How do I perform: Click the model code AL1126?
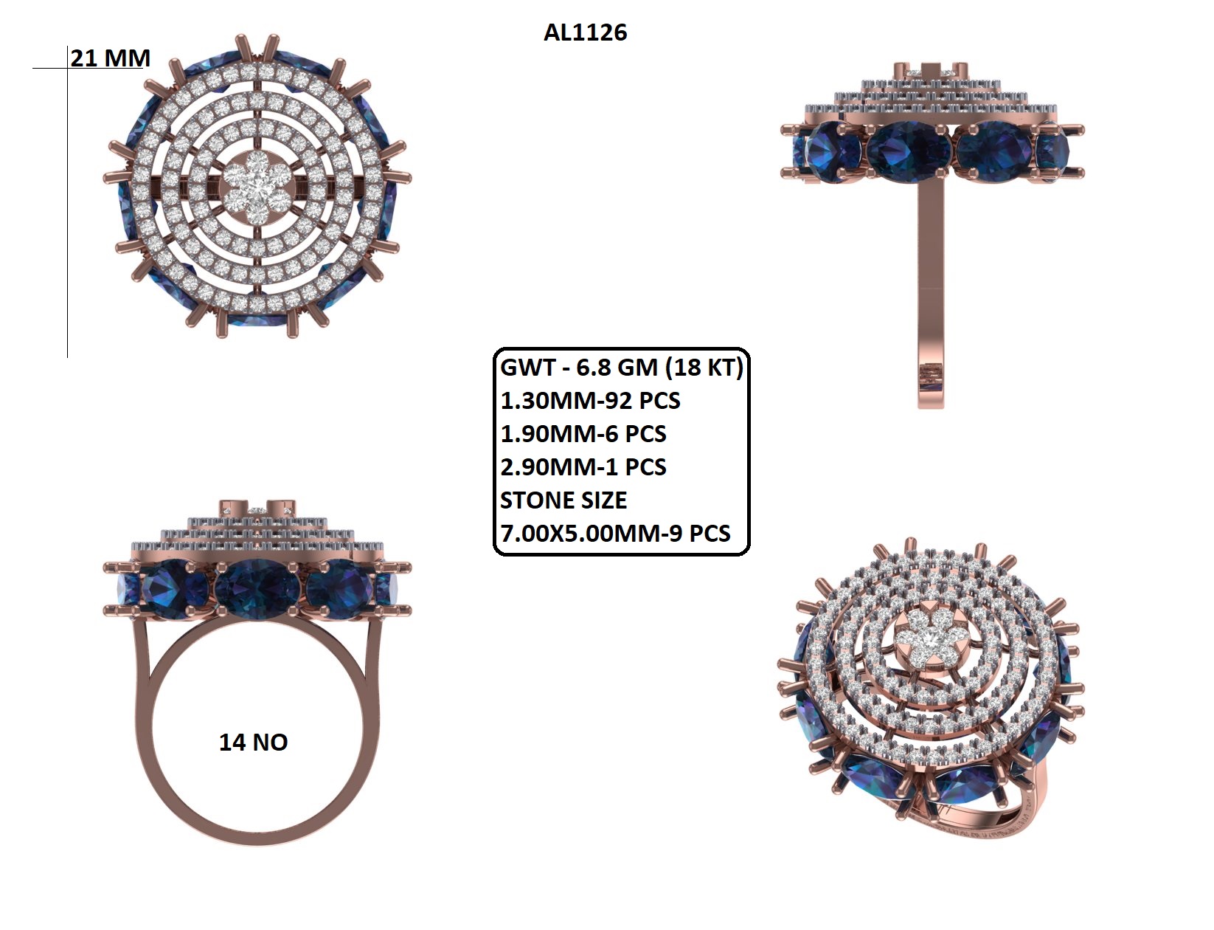pos(585,32)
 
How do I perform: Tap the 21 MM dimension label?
pos(110,58)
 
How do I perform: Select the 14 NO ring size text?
pos(253,743)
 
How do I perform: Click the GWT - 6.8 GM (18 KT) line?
pos(621,368)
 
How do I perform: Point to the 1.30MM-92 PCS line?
pos(590,401)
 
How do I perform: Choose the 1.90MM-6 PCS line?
pos(583,434)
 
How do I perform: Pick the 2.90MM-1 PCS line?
pos(583,466)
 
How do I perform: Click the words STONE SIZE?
pos(563,500)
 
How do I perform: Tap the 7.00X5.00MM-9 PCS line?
pos(615,533)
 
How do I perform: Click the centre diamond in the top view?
pos(257,185)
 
